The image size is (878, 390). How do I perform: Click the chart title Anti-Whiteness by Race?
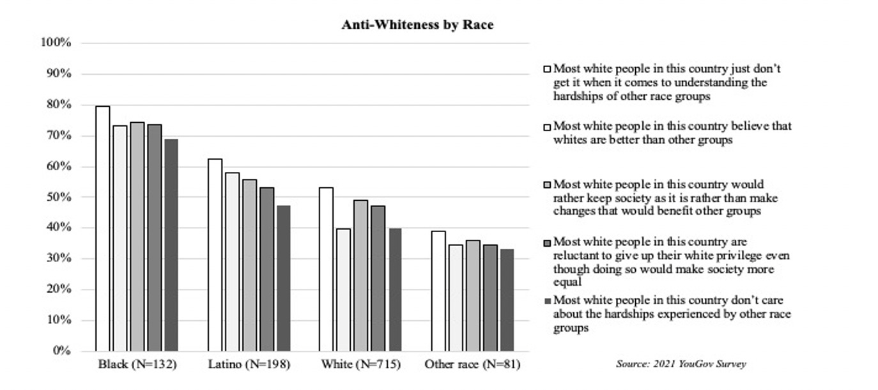click(x=417, y=25)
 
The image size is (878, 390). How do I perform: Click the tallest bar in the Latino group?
click(x=215, y=255)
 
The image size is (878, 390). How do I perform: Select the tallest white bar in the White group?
click(x=326, y=269)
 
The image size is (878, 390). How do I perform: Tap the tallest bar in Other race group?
click(x=438, y=291)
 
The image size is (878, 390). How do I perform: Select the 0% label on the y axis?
click(x=60, y=351)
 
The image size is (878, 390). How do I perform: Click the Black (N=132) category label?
click(x=137, y=365)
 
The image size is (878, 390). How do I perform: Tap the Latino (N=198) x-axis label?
click(x=249, y=365)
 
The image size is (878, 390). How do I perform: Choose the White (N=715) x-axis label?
click(x=360, y=365)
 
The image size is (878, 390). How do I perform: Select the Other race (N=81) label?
click(x=473, y=365)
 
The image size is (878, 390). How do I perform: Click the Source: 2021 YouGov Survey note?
click(x=681, y=364)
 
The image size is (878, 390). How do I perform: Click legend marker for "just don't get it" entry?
click(x=546, y=68)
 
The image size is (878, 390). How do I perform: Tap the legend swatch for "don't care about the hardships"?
click(x=546, y=300)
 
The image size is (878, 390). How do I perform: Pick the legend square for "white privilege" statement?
click(x=546, y=242)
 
